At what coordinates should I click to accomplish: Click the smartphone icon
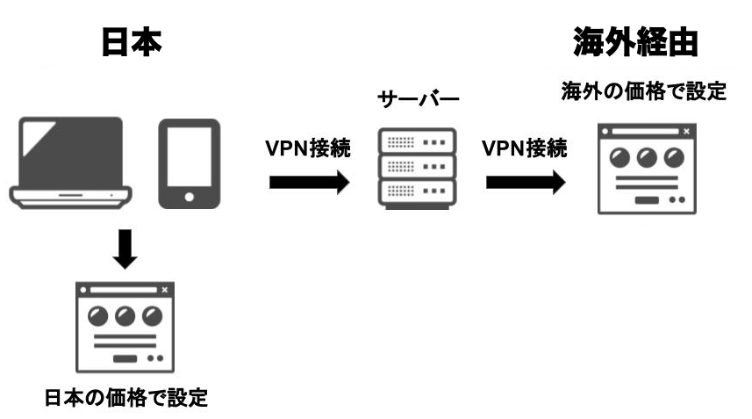tap(189, 163)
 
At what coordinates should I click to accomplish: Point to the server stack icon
tap(416, 166)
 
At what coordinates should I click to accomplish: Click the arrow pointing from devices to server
tap(308, 183)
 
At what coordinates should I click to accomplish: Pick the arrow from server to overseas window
tap(525, 183)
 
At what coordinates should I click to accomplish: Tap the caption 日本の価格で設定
tap(126, 397)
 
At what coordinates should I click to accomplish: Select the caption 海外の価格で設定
tap(644, 92)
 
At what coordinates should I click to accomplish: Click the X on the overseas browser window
tap(685, 132)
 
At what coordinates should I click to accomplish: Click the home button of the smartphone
tap(189, 198)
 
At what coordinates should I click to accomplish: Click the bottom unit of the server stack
tap(416, 191)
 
